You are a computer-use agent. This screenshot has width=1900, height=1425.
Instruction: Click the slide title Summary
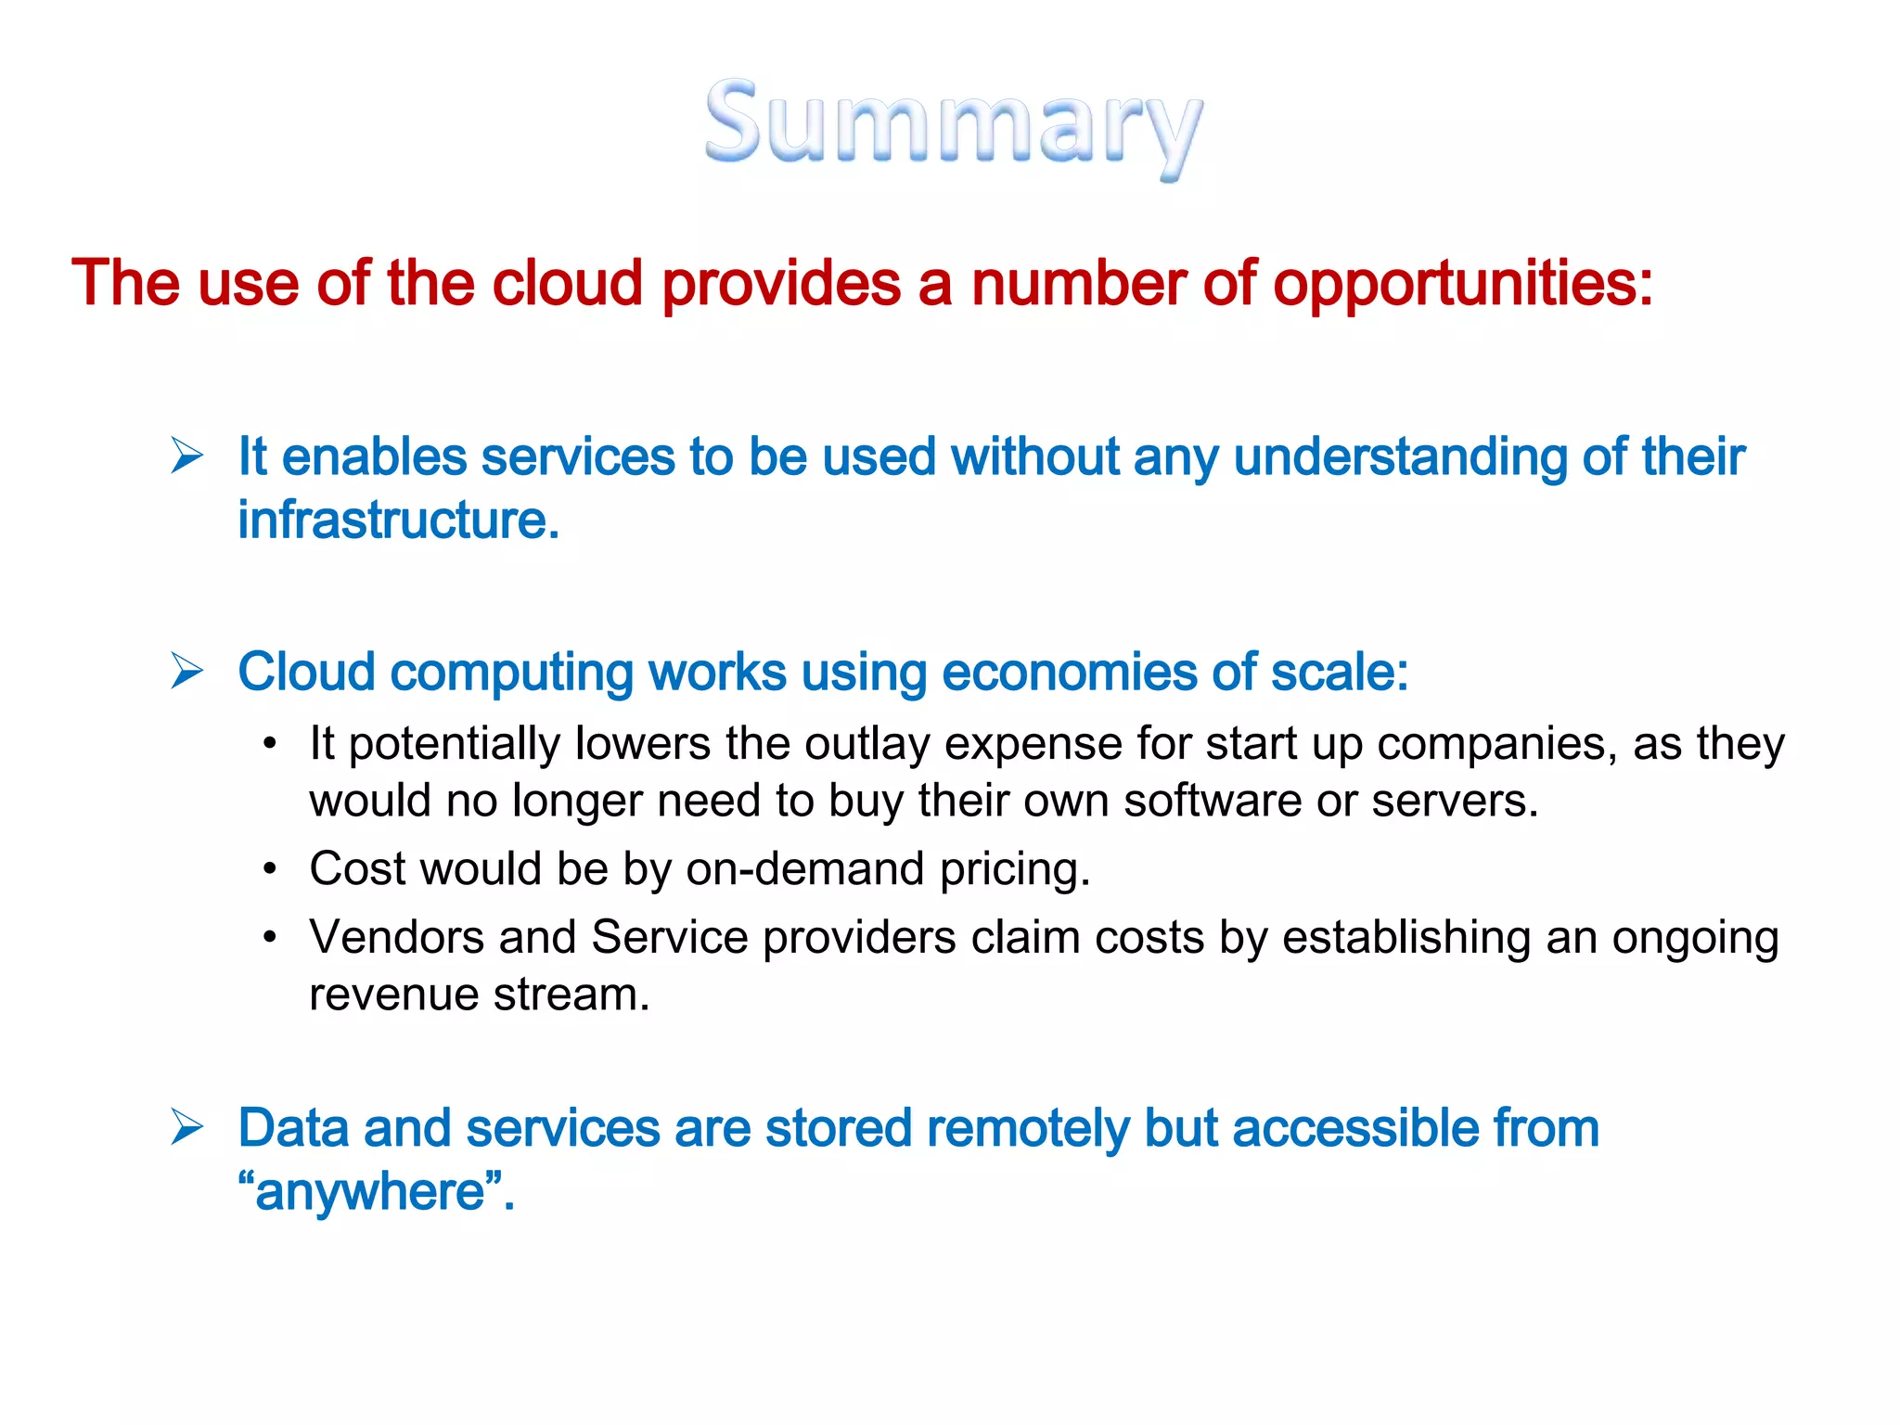tap(953, 125)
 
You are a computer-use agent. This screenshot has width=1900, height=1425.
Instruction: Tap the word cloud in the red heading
tap(567, 283)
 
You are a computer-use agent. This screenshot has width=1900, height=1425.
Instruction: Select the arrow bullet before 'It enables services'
tap(187, 456)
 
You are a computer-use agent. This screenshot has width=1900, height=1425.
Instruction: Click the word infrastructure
tap(398, 520)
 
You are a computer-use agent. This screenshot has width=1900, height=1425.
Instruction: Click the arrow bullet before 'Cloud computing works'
tap(187, 671)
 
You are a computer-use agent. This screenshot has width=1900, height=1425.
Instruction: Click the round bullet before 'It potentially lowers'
tap(270, 744)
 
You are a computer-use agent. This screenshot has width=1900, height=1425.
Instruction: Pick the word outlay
tap(867, 744)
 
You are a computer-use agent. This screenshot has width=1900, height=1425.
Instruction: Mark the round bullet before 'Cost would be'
tap(270, 869)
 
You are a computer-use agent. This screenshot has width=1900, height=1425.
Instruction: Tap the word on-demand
tap(804, 869)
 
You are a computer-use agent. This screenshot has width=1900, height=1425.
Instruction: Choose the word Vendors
tap(396, 937)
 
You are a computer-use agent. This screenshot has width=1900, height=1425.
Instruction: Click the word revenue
tap(393, 995)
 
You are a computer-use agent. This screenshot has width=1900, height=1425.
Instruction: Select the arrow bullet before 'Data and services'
tap(187, 1128)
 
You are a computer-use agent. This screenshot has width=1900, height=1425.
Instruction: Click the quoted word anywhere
tap(370, 1192)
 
